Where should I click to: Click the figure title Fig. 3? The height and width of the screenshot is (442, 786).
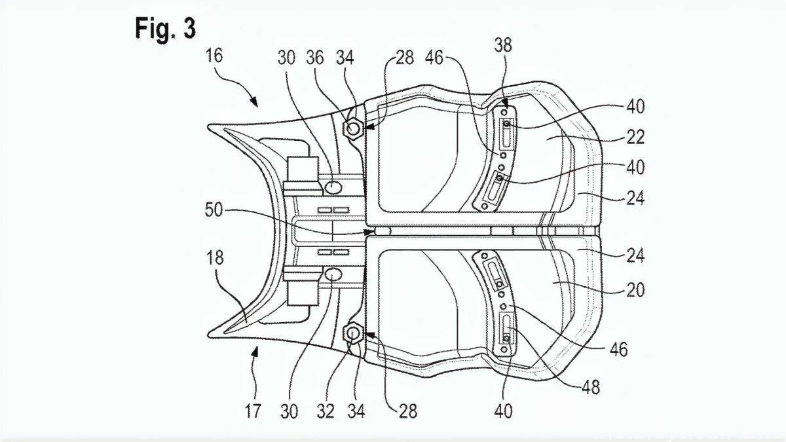point(165,28)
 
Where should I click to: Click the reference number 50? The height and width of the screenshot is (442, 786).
point(214,210)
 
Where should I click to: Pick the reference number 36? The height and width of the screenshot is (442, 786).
point(315,57)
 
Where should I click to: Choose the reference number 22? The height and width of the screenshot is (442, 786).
point(635,137)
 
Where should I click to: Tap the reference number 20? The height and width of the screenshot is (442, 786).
point(635,289)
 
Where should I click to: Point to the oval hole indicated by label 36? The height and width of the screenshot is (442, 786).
point(333,187)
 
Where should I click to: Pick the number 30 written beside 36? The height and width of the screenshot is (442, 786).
point(286,57)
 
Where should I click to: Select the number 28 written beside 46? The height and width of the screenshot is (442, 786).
point(404,57)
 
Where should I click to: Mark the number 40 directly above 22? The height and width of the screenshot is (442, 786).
point(635,106)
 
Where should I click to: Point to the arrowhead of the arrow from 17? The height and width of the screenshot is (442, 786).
point(257,350)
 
